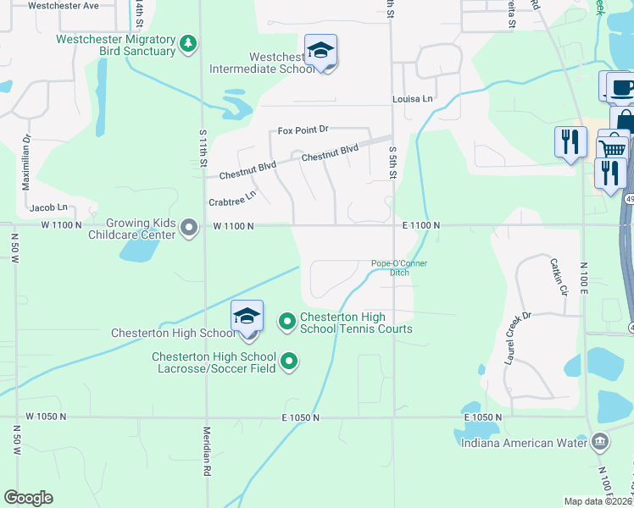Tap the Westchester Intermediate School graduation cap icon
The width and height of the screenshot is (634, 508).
[x=321, y=52]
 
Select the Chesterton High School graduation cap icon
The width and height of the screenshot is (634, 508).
[x=247, y=317]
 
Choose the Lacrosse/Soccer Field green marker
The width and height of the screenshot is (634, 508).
[x=289, y=362]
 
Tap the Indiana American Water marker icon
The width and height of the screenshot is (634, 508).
[x=599, y=441]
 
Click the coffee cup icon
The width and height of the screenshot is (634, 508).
[x=620, y=88]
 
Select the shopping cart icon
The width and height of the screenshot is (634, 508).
[x=613, y=148]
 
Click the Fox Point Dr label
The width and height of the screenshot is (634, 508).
[x=303, y=130]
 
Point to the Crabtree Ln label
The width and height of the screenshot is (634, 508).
[x=232, y=199]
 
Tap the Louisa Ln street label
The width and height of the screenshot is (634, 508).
[x=413, y=99]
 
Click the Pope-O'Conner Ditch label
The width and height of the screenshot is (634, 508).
[x=399, y=268]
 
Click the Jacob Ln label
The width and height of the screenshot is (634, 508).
[x=47, y=207]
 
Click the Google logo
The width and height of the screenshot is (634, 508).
[x=28, y=497]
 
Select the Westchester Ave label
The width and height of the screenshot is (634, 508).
[x=64, y=5]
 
